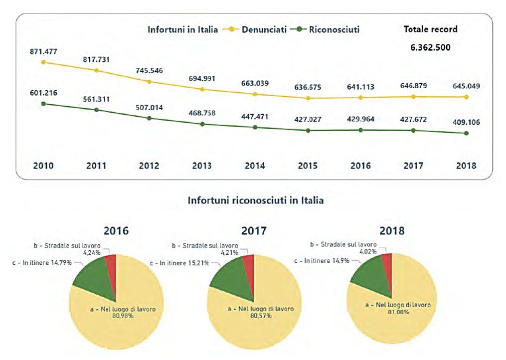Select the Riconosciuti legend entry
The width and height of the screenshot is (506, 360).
point(325,29)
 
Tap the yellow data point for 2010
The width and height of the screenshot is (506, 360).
point(43,62)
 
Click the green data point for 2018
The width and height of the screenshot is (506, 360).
point(466,133)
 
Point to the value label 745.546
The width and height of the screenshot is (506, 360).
point(149,70)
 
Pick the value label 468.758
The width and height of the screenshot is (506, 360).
point(202,113)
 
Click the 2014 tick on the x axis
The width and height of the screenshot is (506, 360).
point(255,166)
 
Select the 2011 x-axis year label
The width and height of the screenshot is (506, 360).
point(96,166)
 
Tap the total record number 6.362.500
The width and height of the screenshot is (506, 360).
point(431,47)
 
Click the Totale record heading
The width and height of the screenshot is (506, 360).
point(431,29)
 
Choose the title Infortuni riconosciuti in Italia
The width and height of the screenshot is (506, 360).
point(256,200)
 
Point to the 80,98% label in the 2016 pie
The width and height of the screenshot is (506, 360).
point(123,316)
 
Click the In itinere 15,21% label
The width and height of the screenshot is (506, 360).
point(179,263)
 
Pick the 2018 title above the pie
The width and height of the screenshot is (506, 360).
point(392,231)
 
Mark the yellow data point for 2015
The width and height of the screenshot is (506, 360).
point(308,98)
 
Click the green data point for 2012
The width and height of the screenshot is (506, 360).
point(149,118)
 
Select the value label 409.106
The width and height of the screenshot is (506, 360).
point(466,122)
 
